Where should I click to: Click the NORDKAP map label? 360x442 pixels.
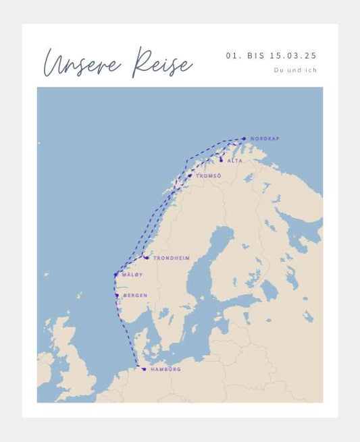click(x=264, y=139)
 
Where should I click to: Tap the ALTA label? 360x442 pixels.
click(x=234, y=161)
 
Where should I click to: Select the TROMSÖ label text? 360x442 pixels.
click(x=208, y=176)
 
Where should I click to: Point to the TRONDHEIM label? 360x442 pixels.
click(x=171, y=258)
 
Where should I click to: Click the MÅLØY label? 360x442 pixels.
click(x=132, y=275)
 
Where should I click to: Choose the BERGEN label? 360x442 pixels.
click(x=135, y=296)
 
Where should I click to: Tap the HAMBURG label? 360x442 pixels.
click(x=165, y=369)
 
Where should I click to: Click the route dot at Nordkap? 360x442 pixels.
click(x=245, y=139)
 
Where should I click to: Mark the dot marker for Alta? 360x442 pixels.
click(x=221, y=161)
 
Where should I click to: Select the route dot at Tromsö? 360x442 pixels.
click(x=190, y=175)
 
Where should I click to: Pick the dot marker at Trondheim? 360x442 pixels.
click(x=147, y=258)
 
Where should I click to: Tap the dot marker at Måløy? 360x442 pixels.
click(x=116, y=275)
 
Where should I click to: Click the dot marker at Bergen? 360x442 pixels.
click(x=117, y=296)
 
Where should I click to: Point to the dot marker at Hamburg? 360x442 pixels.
click(x=144, y=369)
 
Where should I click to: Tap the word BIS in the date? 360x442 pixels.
click(x=253, y=56)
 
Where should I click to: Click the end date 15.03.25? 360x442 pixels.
click(x=293, y=56)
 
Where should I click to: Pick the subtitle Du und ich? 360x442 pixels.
click(x=295, y=70)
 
